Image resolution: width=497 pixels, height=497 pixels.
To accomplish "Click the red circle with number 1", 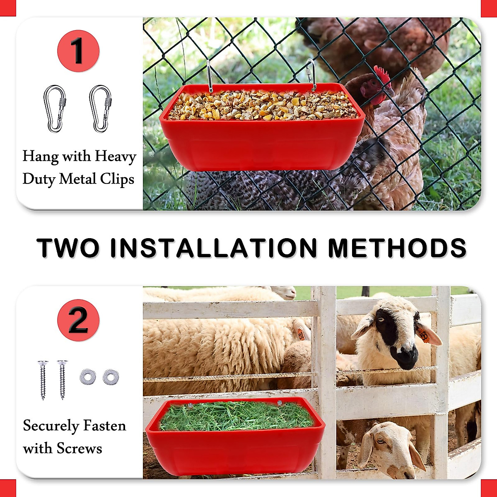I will [x=78, y=51].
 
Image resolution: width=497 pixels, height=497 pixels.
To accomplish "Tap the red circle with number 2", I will [x=78, y=320].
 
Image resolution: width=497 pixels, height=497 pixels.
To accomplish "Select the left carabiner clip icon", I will [x=55, y=109].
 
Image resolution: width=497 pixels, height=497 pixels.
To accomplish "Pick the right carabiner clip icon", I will [x=100, y=109].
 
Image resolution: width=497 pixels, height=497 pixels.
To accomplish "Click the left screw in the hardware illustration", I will [x=43, y=379].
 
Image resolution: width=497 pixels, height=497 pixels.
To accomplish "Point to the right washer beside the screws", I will [x=111, y=376].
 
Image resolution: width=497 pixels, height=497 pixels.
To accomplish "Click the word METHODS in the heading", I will [x=397, y=248].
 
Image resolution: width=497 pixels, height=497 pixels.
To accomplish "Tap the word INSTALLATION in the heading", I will [x=214, y=248].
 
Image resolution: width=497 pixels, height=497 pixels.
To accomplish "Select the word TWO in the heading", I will [x=68, y=248].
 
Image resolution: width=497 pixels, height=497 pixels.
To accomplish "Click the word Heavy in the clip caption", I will [x=115, y=157].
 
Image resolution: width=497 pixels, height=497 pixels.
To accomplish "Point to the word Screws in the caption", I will [x=79, y=449].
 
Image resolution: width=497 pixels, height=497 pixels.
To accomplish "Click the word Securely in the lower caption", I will [x=51, y=426].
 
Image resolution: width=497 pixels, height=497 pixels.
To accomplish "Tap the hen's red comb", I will [x=382, y=75].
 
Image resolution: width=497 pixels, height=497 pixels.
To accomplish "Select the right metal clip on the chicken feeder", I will [x=311, y=75].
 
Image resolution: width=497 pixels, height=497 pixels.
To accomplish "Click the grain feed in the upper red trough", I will [x=261, y=106].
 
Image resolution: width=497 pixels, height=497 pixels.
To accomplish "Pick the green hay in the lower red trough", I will [x=236, y=416].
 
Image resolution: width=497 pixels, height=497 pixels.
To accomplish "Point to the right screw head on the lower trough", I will [x=280, y=403].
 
